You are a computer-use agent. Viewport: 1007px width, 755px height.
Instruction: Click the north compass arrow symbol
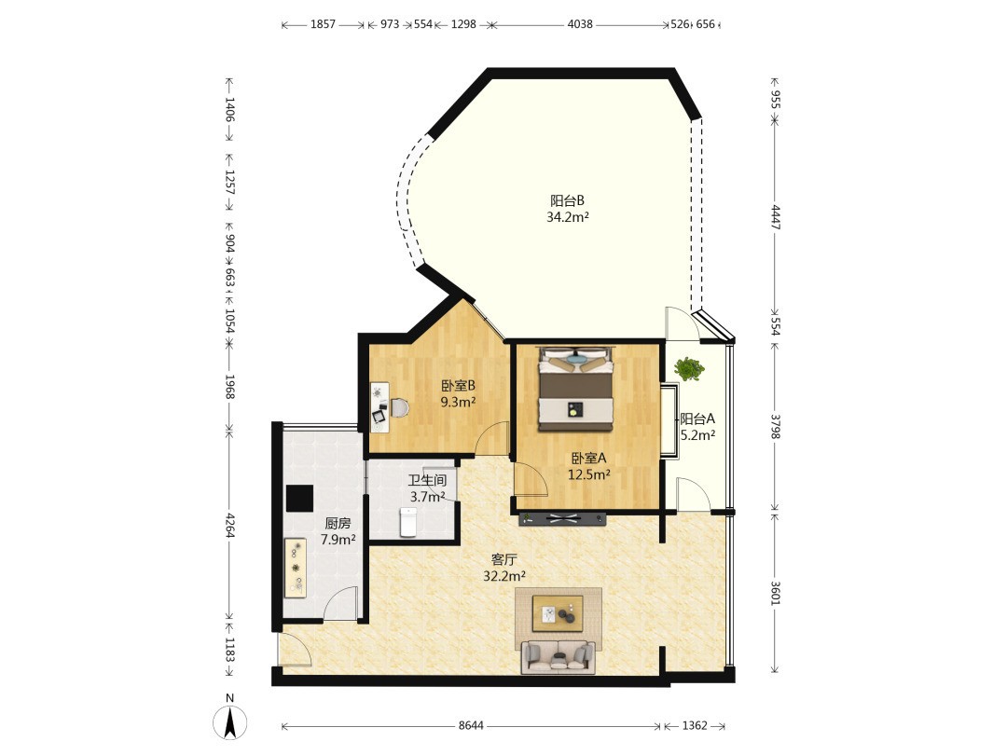(230, 721)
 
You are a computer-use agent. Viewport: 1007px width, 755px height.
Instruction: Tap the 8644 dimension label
(471, 725)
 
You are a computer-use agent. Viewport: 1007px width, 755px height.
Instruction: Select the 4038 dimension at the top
(580, 24)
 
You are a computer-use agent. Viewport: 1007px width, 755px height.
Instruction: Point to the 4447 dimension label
(775, 217)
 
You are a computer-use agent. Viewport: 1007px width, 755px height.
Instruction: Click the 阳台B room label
(567, 200)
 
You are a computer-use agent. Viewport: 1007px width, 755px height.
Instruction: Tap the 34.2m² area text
(568, 217)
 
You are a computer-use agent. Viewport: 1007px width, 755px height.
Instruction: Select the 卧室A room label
(589, 459)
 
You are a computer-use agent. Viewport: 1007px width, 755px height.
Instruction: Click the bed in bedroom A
(576, 389)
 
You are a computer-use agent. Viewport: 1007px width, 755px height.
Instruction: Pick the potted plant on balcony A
(688, 369)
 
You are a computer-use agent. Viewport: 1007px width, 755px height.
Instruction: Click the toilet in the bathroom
(408, 521)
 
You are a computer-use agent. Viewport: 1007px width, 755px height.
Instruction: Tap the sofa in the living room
(559, 657)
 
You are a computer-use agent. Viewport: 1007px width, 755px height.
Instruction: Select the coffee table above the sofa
(558, 613)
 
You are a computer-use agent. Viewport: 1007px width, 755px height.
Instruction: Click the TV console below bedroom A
(562, 519)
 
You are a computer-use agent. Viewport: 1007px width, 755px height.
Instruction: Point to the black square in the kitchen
(299, 498)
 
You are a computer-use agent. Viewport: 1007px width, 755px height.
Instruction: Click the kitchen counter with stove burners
(296, 569)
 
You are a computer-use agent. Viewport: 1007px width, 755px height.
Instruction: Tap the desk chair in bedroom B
(399, 408)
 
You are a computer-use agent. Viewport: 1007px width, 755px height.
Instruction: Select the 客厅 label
(504, 560)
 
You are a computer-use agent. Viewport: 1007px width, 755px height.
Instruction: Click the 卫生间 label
(428, 480)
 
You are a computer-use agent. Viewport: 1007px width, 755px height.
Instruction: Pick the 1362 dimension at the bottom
(695, 725)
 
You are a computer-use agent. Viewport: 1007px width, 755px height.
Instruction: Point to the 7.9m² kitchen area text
(338, 540)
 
